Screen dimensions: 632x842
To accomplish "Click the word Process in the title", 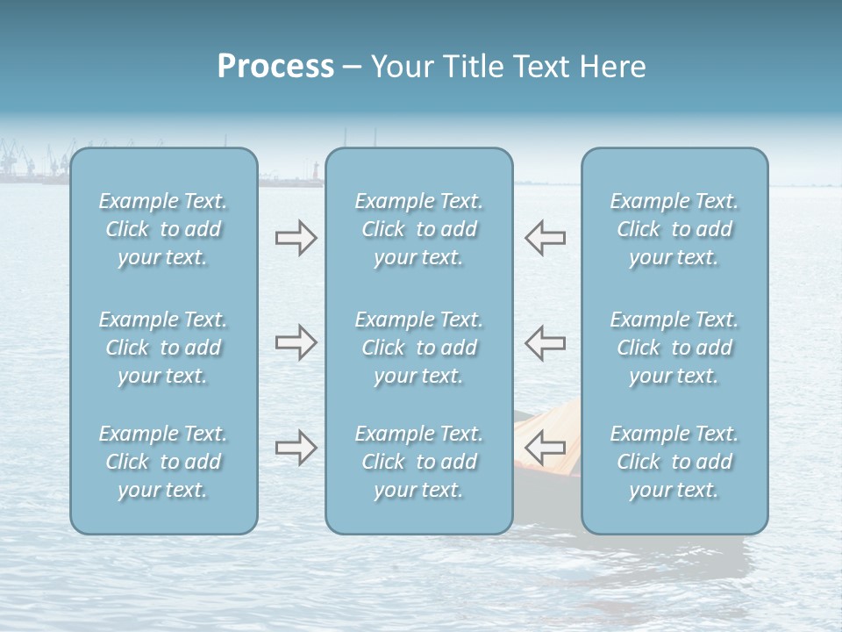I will pos(275,67).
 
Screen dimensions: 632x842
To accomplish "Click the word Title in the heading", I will pos(472,67).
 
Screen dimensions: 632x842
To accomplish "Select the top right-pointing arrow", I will pos(296,238).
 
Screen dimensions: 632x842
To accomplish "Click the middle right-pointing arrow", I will pos(296,342).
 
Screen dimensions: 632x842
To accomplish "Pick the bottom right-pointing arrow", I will pos(296,448).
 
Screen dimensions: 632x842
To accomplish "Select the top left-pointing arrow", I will pos(546,238).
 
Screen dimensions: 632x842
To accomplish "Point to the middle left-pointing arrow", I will pos(546,342).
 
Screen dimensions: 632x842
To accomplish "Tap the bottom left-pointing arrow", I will pos(546,448).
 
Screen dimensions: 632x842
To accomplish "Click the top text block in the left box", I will pos(163,229).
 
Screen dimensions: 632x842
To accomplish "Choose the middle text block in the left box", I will pos(163,348).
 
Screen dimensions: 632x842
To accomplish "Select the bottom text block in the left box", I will pos(163,462).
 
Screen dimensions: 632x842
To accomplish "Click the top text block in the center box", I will pos(418,229).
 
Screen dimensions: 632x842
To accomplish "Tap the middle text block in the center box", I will pos(418,348).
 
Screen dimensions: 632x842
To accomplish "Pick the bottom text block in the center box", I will pos(418,462).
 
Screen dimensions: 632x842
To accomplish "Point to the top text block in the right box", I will pos(674,229).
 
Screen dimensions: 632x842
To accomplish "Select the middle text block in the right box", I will pos(674,348).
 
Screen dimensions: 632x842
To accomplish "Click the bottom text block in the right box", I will pos(674,462).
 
